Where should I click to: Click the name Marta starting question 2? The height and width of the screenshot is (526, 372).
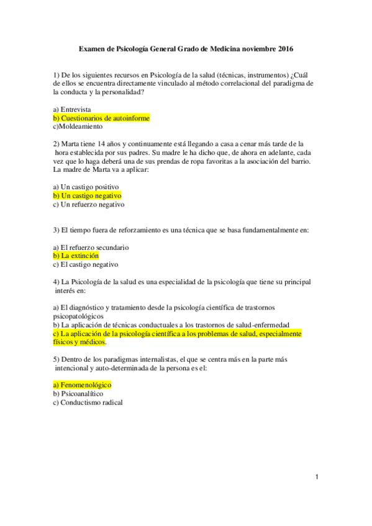tap(72, 144)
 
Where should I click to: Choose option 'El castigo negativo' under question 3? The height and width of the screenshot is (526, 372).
tap(87, 264)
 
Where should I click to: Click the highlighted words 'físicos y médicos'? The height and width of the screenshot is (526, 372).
tap(79, 342)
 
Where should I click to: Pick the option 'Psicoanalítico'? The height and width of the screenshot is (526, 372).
tap(81, 393)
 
